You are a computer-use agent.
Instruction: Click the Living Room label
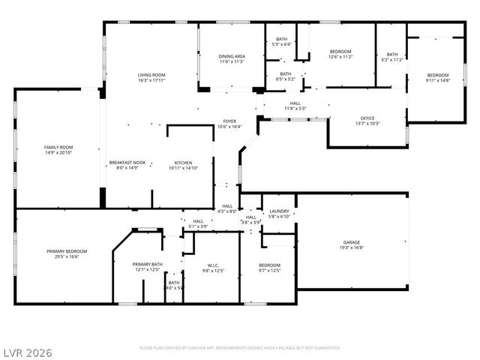tap(151, 75)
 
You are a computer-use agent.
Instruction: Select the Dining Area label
tap(232, 56)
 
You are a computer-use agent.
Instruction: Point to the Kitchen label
tap(184, 163)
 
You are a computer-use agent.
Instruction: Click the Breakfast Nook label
tap(127, 163)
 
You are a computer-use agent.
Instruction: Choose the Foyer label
tap(229, 121)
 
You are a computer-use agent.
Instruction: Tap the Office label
tap(367, 118)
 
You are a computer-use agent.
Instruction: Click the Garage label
tap(351, 242)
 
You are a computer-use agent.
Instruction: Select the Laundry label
tap(279, 211)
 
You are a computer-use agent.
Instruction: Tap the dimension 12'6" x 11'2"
tap(340, 57)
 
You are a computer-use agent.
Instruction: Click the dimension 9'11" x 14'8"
tap(438, 80)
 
